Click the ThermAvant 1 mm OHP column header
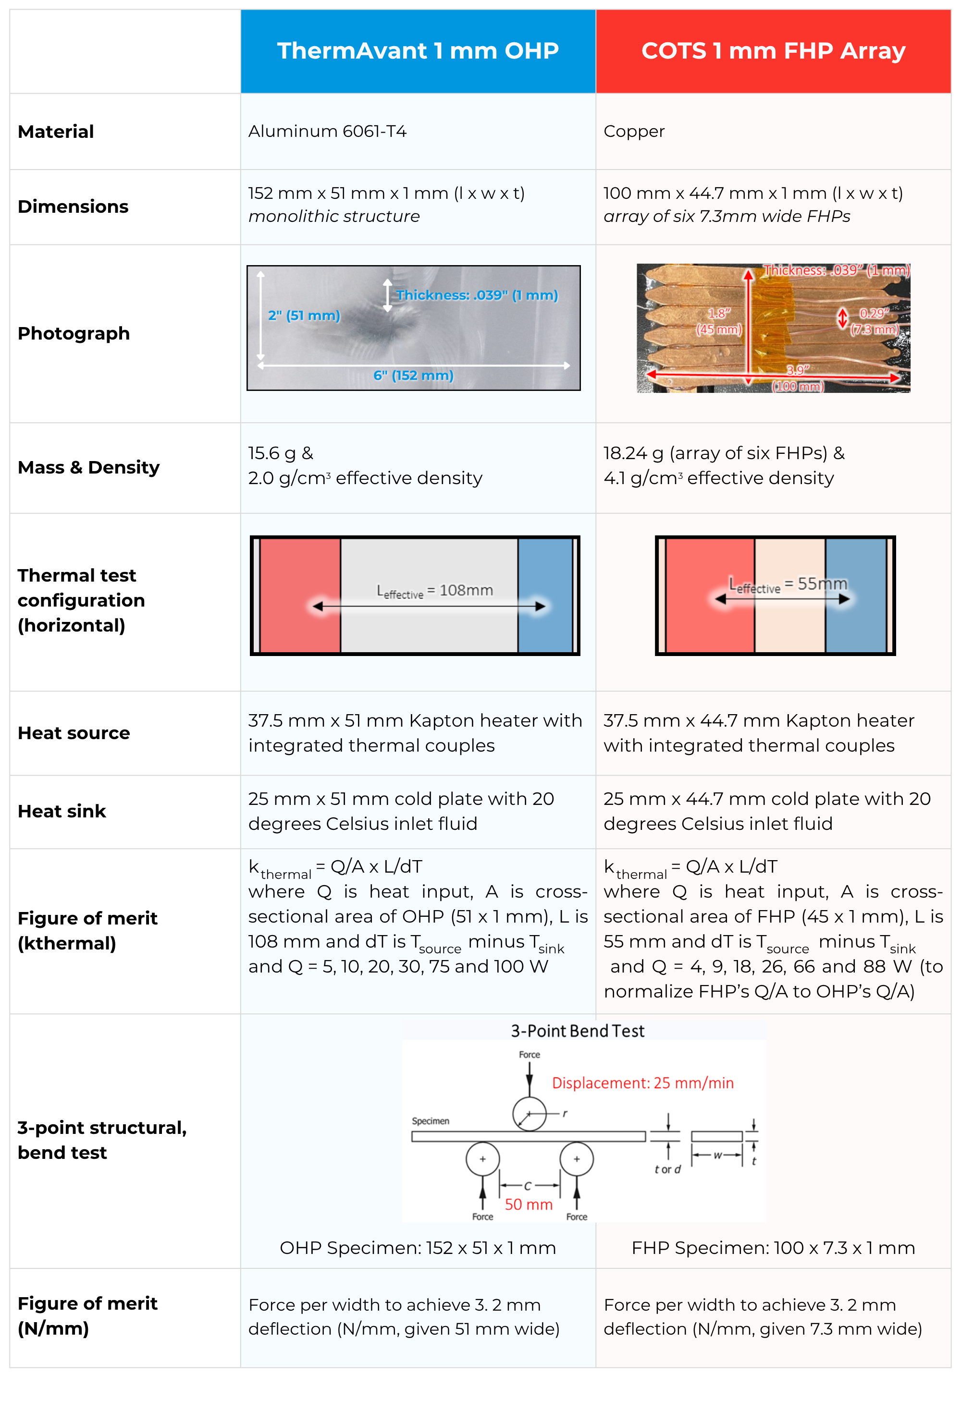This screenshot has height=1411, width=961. (418, 51)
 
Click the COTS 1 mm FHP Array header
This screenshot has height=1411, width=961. (773, 51)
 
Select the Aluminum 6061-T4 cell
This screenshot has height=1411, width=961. (327, 131)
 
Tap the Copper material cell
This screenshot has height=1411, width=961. (634, 131)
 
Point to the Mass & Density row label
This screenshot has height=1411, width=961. (89, 467)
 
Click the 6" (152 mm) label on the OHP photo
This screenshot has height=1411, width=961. (413, 375)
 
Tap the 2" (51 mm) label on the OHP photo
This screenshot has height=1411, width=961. (304, 316)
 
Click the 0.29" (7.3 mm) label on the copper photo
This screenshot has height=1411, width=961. (874, 321)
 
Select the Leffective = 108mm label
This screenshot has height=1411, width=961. (434, 591)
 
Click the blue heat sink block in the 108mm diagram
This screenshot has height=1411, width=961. (545, 595)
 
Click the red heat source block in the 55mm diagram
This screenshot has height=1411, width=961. (710, 595)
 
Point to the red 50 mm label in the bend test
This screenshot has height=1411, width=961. (529, 1204)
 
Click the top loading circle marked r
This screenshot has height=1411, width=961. (529, 1114)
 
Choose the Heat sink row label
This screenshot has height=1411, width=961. (62, 811)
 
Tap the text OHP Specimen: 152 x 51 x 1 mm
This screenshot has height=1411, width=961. (418, 1248)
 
